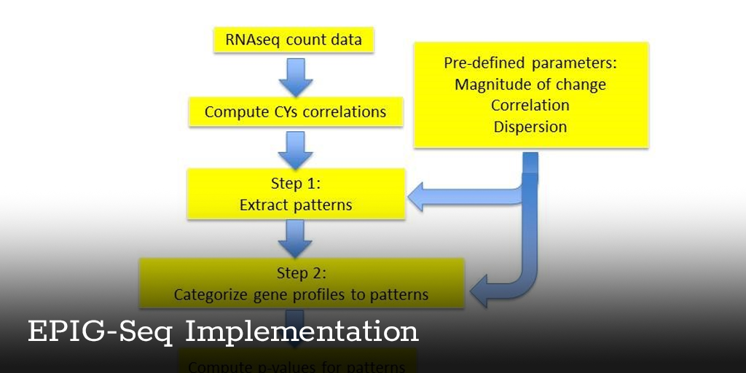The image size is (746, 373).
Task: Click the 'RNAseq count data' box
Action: click(294, 39)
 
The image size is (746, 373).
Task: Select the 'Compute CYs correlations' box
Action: click(295, 112)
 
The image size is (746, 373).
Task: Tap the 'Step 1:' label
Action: click(295, 184)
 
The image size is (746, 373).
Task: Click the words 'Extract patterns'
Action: click(295, 205)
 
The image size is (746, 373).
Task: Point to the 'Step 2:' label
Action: click(301, 273)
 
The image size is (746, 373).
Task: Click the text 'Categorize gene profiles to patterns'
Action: click(301, 295)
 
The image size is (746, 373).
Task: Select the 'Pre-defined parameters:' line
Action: click(530, 63)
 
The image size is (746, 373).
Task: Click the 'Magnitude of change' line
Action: click(530, 85)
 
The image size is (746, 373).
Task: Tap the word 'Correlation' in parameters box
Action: click(530, 106)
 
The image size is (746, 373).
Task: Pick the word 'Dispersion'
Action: click(530, 127)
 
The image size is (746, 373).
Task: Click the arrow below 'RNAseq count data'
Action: click(295, 76)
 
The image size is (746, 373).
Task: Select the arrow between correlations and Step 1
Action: click(295, 149)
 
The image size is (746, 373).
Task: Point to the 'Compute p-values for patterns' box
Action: click(297, 364)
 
